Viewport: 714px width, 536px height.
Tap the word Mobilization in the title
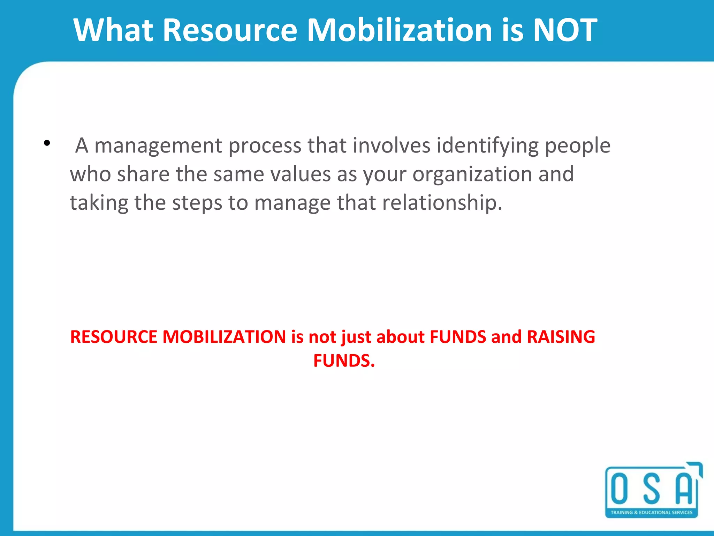(400, 30)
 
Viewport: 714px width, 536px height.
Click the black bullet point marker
(47, 143)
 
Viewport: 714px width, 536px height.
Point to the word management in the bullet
(158, 146)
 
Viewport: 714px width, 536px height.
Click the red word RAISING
(561, 337)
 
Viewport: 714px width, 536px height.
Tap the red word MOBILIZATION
(224, 337)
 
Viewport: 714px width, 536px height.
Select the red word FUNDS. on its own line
(344, 361)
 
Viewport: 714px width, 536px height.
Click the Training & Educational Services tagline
(651, 513)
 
